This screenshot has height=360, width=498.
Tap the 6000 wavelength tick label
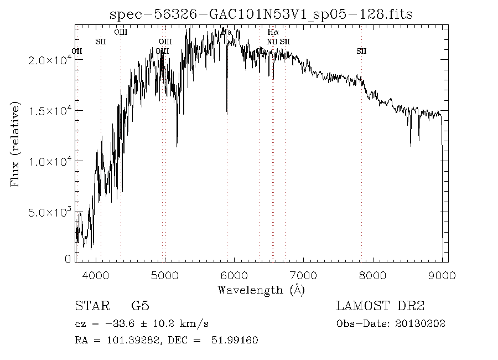click(234, 274)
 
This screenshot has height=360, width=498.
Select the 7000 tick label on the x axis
click(304, 274)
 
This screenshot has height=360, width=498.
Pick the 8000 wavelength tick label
click(373, 274)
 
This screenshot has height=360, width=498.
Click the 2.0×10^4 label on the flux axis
click(49, 60)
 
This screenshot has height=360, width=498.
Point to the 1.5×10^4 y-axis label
click(49, 111)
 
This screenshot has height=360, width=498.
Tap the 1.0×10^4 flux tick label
click(49, 161)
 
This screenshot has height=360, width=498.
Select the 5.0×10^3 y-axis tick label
click(49, 212)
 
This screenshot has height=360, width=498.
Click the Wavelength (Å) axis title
click(261, 290)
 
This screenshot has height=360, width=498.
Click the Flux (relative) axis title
click(15, 144)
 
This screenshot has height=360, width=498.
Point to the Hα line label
click(272, 33)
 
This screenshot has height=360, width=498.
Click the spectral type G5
click(139, 306)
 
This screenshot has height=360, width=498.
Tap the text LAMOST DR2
click(380, 306)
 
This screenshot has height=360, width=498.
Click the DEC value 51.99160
click(235, 340)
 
